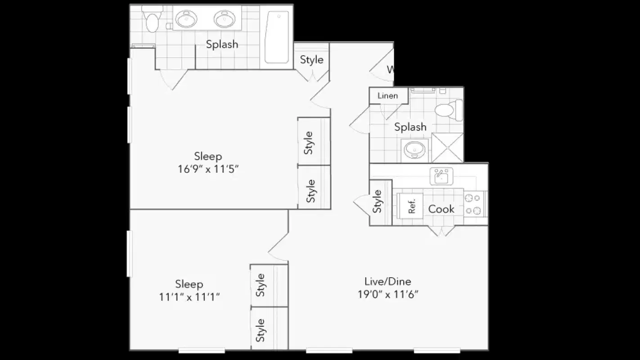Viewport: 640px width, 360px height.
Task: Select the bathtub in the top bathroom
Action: [x=277, y=37]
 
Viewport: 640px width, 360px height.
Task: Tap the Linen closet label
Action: [x=388, y=95]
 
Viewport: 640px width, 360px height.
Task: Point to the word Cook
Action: [x=441, y=209]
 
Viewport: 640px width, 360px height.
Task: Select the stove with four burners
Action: [x=473, y=204]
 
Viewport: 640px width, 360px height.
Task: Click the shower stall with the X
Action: [x=447, y=148]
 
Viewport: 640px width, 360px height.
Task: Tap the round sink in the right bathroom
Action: [x=413, y=149]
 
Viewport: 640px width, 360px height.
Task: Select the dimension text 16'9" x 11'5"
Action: [x=208, y=169]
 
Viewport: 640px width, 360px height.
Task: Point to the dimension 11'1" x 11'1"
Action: [x=189, y=297]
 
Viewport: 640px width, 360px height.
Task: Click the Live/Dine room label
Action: [x=388, y=282]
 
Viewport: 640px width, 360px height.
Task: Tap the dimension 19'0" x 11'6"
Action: [x=388, y=294]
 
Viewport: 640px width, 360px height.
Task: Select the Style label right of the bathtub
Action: [x=311, y=59]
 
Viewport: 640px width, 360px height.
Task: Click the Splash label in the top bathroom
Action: [x=222, y=44]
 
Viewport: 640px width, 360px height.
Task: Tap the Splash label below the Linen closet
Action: [x=410, y=127]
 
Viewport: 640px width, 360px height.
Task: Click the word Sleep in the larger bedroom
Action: [x=208, y=156]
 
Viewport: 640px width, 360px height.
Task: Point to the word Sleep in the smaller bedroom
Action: [x=189, y=284]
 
